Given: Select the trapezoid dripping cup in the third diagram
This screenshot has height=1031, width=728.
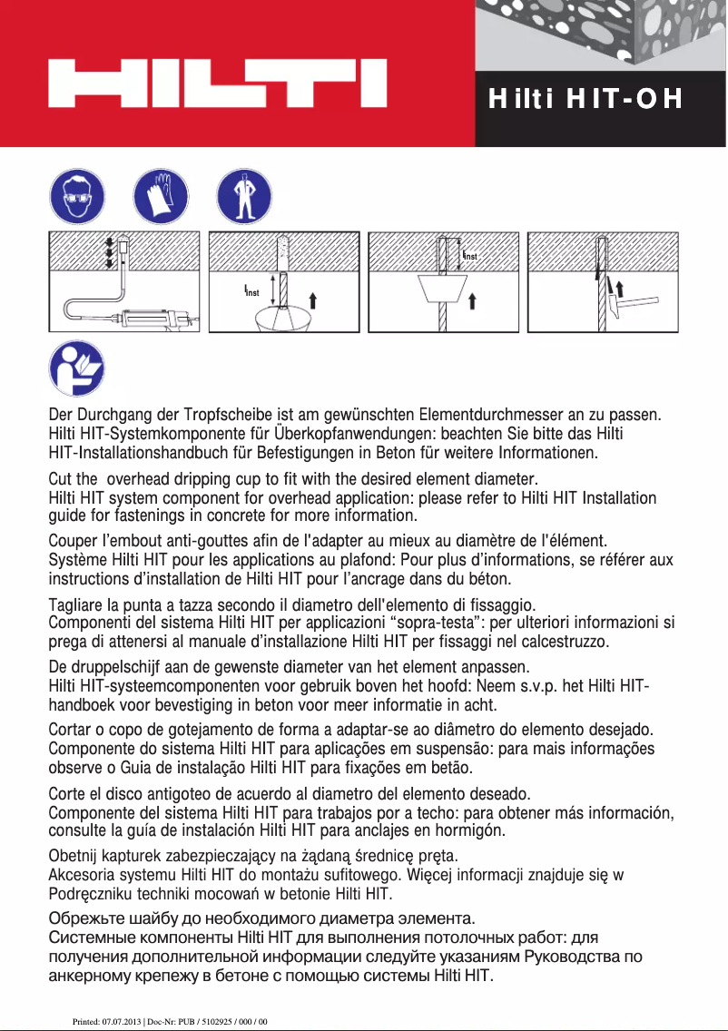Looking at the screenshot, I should pyautogui.click(x=443, y=290).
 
